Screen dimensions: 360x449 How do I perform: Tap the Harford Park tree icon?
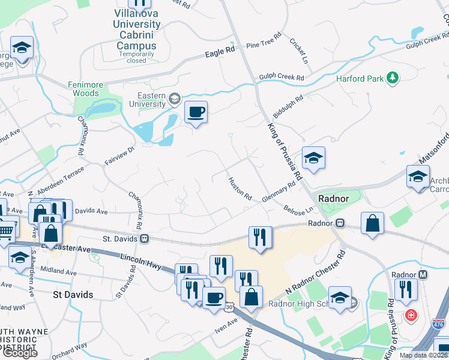point(393,78)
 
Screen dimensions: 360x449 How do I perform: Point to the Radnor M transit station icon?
point(423,275)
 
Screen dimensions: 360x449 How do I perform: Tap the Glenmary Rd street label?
point(279,193)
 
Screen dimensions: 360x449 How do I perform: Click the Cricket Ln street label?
point(298,52)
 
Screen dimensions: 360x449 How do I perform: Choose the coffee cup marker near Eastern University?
point(196,112)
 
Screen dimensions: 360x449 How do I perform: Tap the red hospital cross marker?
point(412,314)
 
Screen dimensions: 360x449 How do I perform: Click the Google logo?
point(20,352)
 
